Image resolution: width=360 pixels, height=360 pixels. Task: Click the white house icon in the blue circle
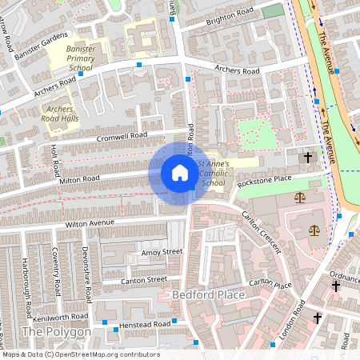[180, 173]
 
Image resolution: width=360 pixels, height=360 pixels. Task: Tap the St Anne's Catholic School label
[214, 174]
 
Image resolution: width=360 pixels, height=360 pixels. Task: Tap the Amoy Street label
[162, 251]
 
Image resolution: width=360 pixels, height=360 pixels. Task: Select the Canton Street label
[144, 279]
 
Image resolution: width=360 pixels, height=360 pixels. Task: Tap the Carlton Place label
[270, 285]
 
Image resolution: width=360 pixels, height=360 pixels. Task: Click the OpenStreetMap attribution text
[80, 354]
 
